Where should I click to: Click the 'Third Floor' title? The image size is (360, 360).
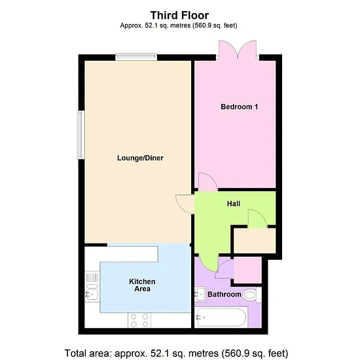tap(179, 16)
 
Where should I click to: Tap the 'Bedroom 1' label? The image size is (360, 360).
tap(239, 107)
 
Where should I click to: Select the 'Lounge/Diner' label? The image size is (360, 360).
tap(140, 158)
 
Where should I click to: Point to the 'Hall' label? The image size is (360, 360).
tap(234, 204)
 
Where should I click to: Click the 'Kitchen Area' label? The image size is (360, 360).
tap(142, 285)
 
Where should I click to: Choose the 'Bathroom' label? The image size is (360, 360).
tap(225, 295)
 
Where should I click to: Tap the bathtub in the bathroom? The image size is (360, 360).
tap(221, 317)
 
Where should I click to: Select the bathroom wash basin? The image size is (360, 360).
tap(200, 294)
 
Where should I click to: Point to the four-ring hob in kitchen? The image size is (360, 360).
tap(139, 320)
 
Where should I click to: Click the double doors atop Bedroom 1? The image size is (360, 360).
tap(238, 50)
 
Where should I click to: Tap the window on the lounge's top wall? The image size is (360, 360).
tap(136, 57)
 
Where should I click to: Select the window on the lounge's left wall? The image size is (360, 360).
tap(81, 135)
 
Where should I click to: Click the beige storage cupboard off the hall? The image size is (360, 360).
tap(255, 241)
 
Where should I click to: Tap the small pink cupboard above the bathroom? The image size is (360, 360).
tap(247, 270)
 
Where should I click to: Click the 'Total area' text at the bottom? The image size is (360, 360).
tap(176, 353)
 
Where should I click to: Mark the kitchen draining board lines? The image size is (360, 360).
tap(92, 278)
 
